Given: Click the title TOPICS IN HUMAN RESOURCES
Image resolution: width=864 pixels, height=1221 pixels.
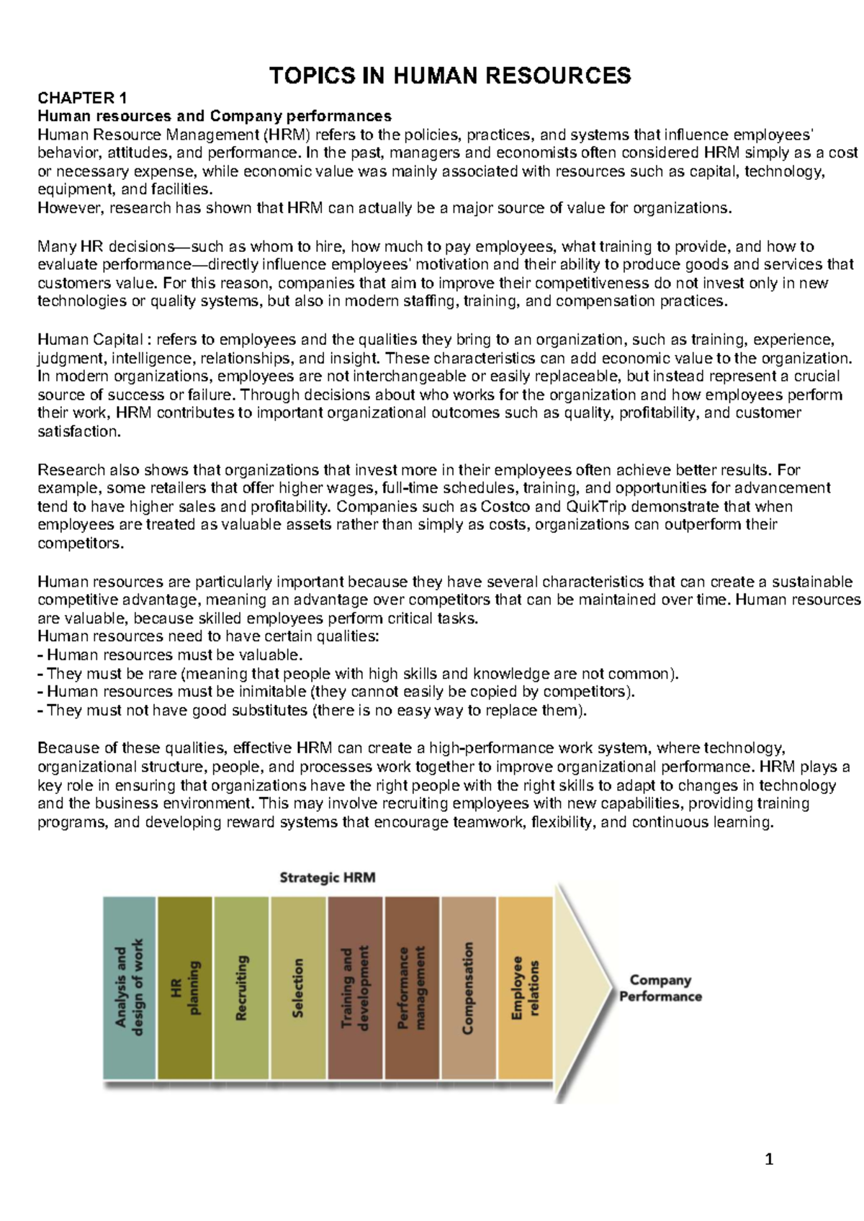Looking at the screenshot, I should (x=450, y=76).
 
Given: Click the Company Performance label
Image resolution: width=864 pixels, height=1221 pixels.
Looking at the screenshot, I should (x=660, y=988).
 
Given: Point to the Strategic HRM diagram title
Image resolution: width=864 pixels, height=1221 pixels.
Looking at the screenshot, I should (x=328, y=878).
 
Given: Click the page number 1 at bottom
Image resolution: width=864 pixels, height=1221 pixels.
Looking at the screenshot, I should (x=769, y=1159).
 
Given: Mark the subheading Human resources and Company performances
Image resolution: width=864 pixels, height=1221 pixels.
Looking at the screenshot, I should (x=215, y=116).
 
